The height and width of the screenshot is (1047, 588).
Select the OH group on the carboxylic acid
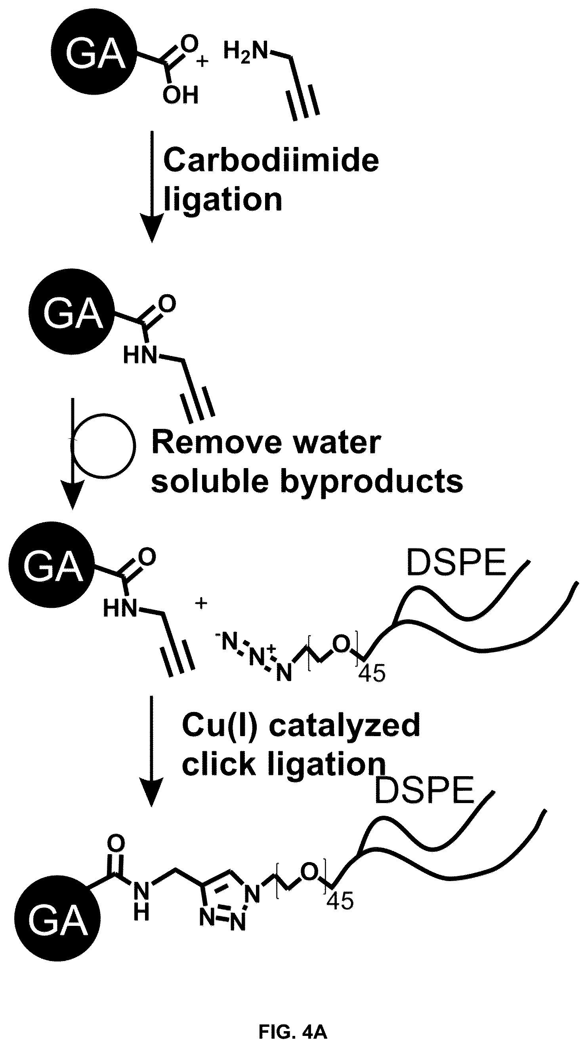180,95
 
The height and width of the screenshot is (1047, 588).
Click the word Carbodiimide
271,160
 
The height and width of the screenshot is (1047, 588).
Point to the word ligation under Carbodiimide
223,200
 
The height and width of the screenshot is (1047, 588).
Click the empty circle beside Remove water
103,445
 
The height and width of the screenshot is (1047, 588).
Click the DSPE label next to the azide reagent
456,563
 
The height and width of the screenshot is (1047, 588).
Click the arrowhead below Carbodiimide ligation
152,228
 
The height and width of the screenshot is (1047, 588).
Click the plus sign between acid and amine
202,61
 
